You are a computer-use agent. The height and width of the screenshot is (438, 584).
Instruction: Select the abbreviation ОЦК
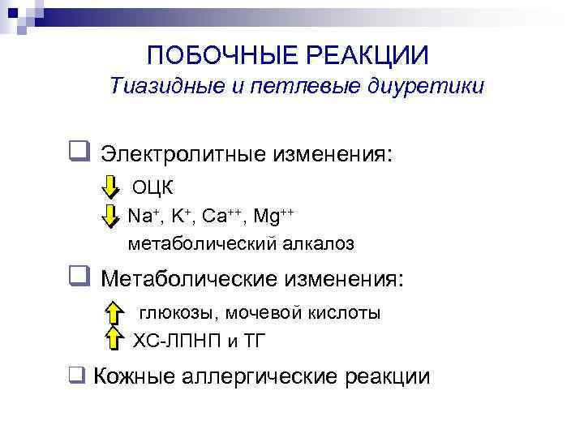pyautogui.click(x=153, y=187)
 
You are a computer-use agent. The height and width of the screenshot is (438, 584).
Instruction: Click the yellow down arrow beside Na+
pyautogui.click(x=111, y=215)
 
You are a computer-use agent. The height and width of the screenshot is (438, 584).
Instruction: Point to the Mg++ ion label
pyautogui.click(x=273, y=216)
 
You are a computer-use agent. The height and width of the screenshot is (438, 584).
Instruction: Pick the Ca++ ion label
pyautogui.click(x=222, y=216)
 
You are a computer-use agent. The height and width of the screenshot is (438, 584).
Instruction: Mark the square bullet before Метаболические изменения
pyautogui.click(x=79, y=278)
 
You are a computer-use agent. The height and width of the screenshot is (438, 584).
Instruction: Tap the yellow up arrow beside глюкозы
pyautogui.click(x=114, y=312)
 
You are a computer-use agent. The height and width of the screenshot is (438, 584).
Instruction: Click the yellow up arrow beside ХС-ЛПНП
pyautogui.click(x=114, y=341)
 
